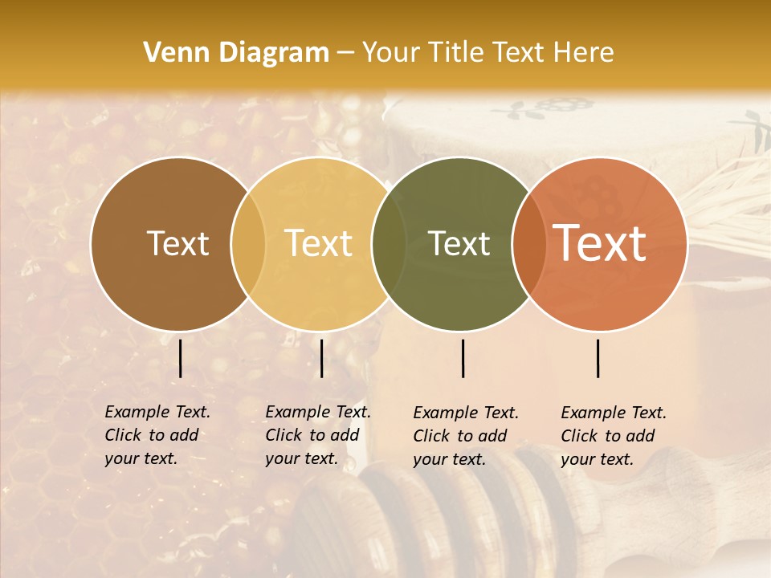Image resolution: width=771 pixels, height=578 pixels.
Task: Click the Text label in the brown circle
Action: click(x=177, y=243)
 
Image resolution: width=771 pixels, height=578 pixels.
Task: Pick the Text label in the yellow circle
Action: click(x=319, y=243)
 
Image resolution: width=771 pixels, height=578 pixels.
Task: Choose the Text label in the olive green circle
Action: click(x=459, y=243)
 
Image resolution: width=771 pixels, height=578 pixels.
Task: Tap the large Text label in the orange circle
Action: click(x=599, y=243)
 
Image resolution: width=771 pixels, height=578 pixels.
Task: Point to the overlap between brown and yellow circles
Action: click(x=248, y=243)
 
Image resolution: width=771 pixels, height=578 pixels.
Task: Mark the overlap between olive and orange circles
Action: click(x=529, y=243)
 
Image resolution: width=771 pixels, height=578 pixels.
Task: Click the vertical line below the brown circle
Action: click(x=181, y=358)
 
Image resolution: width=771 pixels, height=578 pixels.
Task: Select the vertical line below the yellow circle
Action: click(x=321, y=358)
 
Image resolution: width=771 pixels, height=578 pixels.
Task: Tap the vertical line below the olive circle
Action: click(x=463, y=358)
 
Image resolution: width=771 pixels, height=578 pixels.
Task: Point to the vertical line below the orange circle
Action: click(x=598, y=358)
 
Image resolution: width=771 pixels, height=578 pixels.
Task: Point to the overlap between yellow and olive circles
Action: click(x=389, y=243)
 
